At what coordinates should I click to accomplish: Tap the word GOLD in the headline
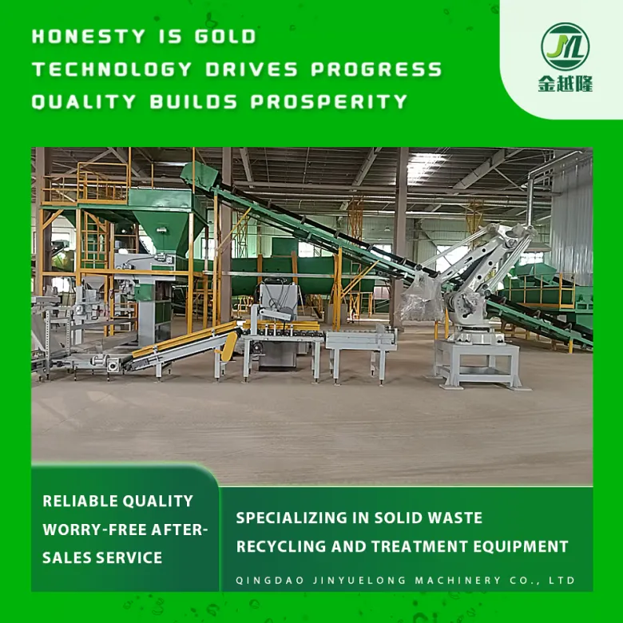pos(225,37)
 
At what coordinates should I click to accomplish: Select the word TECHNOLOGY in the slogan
pos(112,69)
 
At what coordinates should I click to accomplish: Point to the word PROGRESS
pos(376,69)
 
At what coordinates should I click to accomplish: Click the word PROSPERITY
pos(329,101)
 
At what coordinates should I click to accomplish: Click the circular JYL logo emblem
pos(565,46)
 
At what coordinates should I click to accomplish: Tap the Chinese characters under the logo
pos(565,83)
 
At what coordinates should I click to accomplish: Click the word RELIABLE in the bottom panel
pos(80,501)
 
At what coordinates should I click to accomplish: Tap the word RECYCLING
pos(281,546)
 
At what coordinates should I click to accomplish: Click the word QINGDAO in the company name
pos(270,580)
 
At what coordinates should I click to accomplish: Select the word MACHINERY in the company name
pos(458,580)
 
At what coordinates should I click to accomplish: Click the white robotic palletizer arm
pos(477,278)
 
